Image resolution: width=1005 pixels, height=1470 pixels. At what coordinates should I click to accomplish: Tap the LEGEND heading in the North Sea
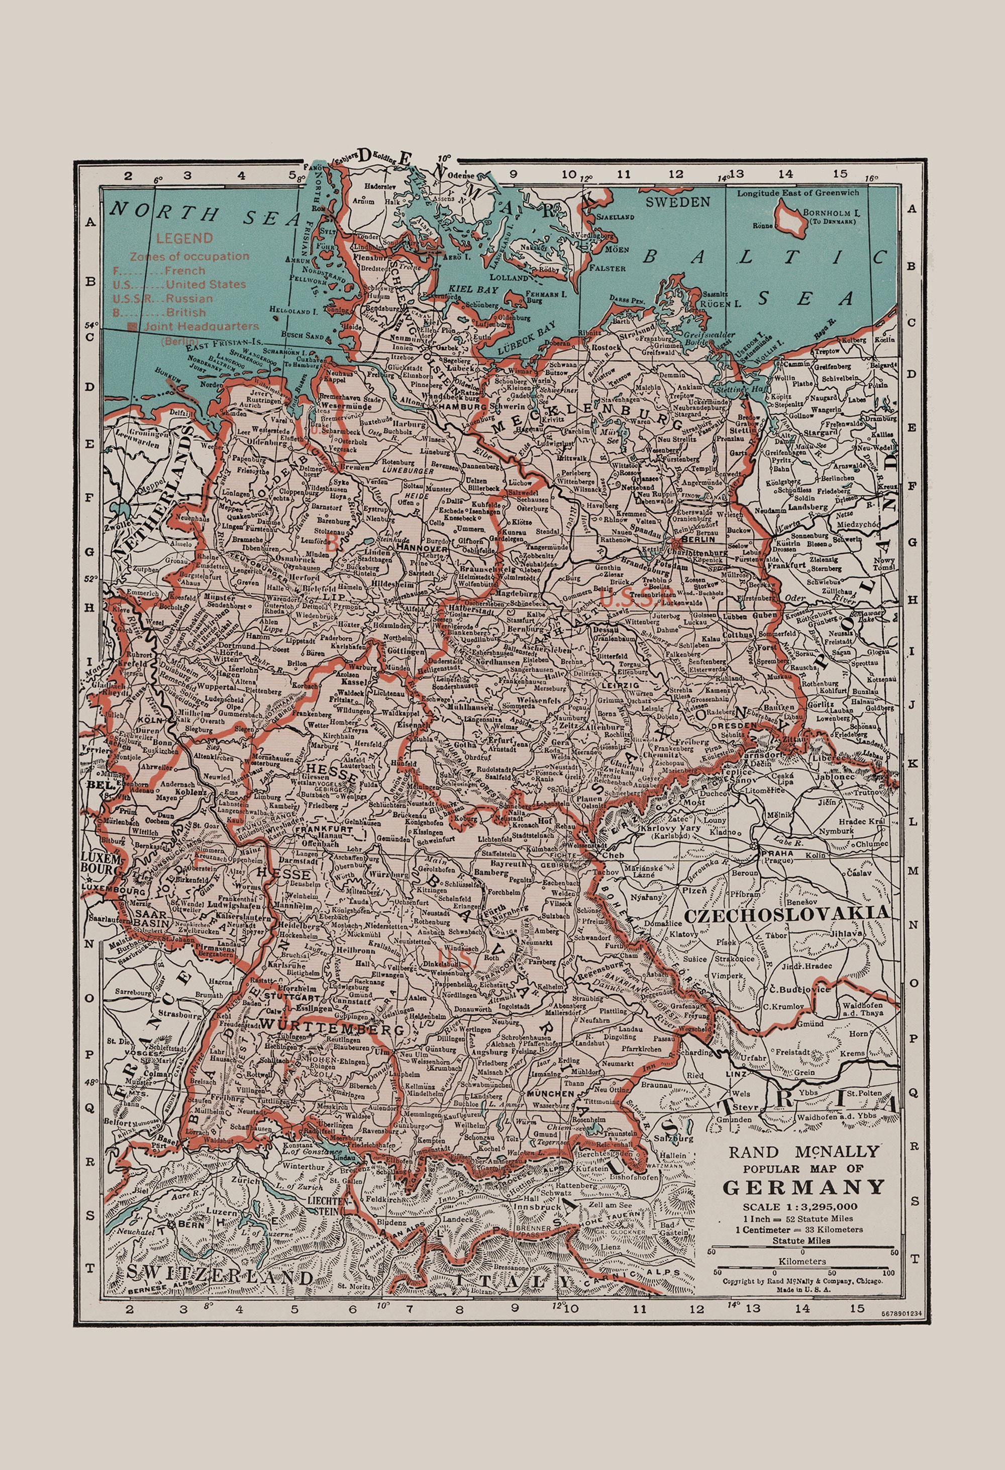(184, 238)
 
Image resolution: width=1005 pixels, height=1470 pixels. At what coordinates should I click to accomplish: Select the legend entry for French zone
(159, 270)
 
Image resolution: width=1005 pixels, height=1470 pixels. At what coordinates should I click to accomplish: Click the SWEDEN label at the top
(677, 202)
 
